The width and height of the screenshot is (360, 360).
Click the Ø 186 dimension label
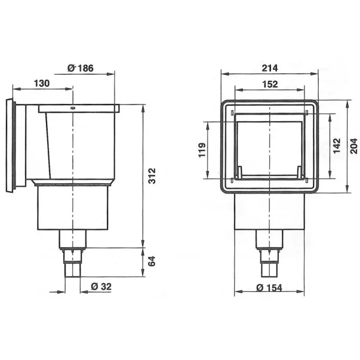pyautogui.click(x=81, y=68)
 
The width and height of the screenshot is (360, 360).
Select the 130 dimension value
pyautogui.click(x=42, y=83)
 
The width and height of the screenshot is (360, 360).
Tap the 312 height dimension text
pyautogui.click(x=152, y=176)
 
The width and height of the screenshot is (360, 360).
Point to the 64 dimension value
pyautogui.click(x=152, y=261)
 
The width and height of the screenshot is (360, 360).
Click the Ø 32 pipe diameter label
pyautogui.click(x=101, y=287)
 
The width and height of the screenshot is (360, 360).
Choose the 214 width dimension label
pyautogui.click(x=270, y=68)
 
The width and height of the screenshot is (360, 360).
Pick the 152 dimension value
pyautogui.click(x=270, y=84)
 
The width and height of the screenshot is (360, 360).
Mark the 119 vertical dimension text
pyautogui.click(x=202, y=150)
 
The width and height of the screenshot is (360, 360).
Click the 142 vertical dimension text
pyautogui.click(x=337, y=146)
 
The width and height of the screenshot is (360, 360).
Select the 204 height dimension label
pyautogui.click(x=354, y=146)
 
